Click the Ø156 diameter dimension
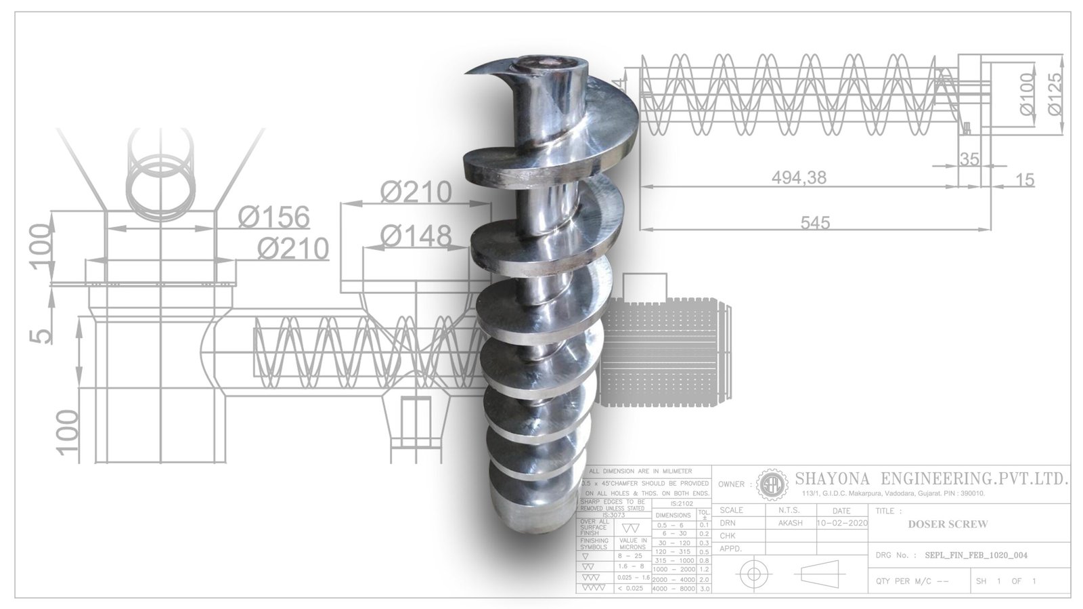click(x=273, y=218)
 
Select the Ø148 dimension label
click(x=415, y=236)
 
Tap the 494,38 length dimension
click(x=799, y=177)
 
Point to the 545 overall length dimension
click(x=814, y=222)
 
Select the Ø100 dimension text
click(x=1027, y=94)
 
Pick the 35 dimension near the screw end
click(x=970, y=159)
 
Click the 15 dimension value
click(x=1025, y=180)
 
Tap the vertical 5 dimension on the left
click(x=43, y=335)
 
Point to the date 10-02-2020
click(x=842, y=524)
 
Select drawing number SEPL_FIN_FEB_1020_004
click(x=975, y=555)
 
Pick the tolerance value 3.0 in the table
click(x=704, y=589)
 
